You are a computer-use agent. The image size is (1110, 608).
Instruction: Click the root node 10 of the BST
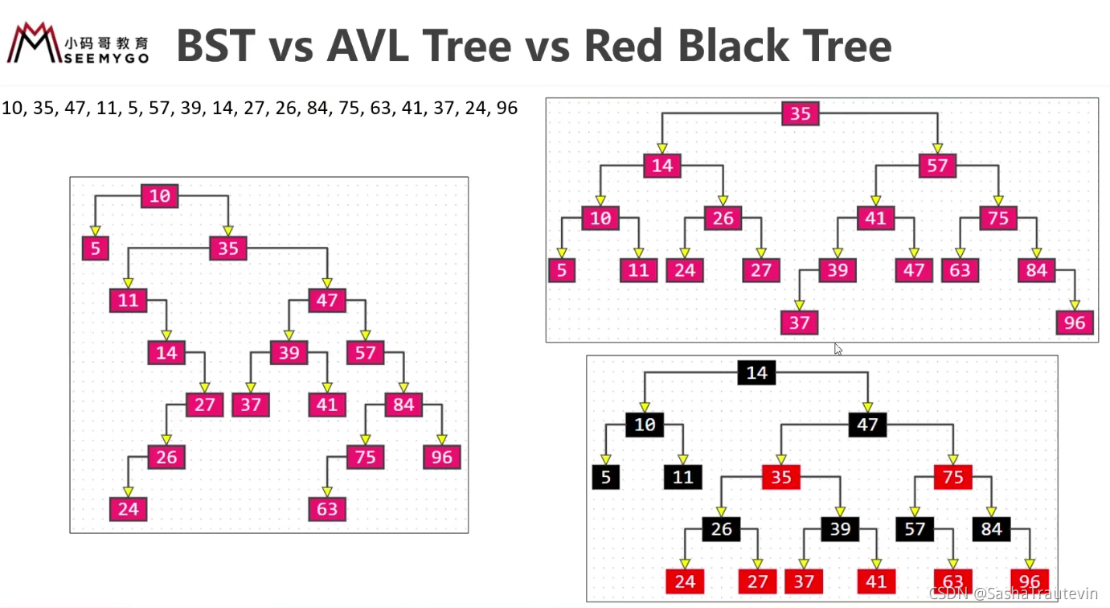tap(160, 196)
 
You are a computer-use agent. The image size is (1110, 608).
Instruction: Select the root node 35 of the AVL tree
tap(801, 113)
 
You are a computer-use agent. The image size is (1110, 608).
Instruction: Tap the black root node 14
tap(756, 372)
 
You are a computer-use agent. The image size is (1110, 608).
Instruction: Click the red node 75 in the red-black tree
tap(953, 477)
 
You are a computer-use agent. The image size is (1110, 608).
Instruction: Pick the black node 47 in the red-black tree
tap(868, 425)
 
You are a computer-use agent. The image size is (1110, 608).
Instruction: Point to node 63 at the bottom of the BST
tap(327, 509)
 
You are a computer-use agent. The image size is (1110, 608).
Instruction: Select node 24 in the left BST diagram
tap(129, 509)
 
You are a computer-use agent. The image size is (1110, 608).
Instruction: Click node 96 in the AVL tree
tap(1075, 322)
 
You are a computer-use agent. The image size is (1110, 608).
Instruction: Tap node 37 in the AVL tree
tap(799, 322)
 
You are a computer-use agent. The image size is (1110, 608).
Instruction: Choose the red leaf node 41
tap(876, 581)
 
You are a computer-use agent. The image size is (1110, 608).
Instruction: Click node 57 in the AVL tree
tap(937, 166)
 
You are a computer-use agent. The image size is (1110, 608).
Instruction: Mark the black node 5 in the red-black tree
tap(605, 477)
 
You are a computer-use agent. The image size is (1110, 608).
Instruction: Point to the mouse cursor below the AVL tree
tap(838, 349)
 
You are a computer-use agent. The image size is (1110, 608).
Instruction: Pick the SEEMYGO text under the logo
tap(107, 59)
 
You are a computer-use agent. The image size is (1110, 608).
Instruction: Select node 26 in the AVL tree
tap(723, 218)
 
